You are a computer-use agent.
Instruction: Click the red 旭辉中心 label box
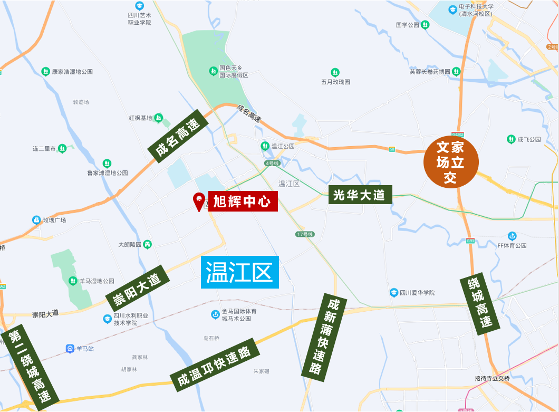pyautogui.click(x=243, y=201)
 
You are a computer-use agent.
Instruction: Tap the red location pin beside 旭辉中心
pyautogui.click(x=199, y=201)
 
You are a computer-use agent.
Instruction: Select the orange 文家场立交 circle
pyautogui.click(x=451, y=162)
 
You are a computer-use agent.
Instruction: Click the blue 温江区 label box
pyautogui.click(x=239, y=272)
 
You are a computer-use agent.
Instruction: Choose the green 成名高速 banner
pyautogui.click(x=178, y=134)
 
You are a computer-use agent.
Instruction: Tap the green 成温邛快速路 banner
pyautogui.click(x=214, y=365)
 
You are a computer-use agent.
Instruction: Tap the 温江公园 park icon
pyautogui.click(x=265, y=146)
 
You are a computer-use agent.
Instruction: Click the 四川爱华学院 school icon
pyautogui.click(x=393, y=292)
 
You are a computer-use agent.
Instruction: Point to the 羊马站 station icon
pyautogui.click(x=70, y=348)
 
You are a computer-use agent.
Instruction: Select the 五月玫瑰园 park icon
pyautogui.click(x=335, y=72)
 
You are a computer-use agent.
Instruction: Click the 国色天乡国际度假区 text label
pyautogui.click(x=234, y=72)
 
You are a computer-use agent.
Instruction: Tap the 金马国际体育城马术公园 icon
pyautogui.click(x=215, y=314)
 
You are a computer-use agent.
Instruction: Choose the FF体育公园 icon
pyautogui.click(x=512, y=236)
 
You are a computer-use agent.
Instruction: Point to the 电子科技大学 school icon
pyautogui.click(x=452, y=9)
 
